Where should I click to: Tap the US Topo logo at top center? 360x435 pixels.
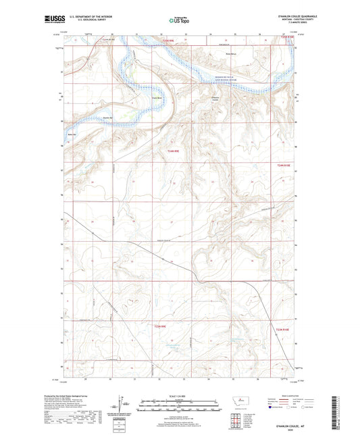179,21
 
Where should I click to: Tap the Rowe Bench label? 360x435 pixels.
232,54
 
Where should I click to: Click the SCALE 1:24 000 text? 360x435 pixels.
180,396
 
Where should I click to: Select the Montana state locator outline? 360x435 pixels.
238,401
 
